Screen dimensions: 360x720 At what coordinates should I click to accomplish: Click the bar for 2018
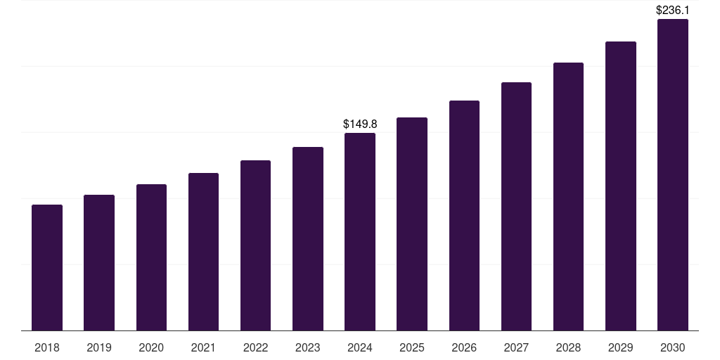[x=47, y=267]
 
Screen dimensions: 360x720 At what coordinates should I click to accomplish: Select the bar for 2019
[x=99, y=262]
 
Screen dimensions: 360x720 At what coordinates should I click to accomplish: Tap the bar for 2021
[x=203, y=252]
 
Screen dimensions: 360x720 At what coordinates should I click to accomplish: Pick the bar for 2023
[x=308, y=238]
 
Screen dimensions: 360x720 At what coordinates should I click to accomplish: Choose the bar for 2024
[x=360, y=231]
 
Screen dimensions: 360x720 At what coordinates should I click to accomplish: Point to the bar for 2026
[x=464, y=215]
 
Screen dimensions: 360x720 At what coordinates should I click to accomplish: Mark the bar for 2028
[x=568, y=196]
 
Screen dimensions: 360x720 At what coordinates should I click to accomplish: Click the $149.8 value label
[x=360, y=124]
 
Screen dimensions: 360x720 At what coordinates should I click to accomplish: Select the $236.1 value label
[x=673, y=10]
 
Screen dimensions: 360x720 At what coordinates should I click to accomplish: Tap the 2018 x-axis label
[x=47, y=347]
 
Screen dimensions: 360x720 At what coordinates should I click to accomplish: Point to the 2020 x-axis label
[x=151, y=347]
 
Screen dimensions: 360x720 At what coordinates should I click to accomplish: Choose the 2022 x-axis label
[x=255, y=347]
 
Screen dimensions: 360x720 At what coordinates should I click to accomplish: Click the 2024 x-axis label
[x=360, y=347]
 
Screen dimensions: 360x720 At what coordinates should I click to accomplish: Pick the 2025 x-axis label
[x=412, y=347]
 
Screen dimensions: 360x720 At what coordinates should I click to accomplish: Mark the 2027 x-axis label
[x=516, y=347]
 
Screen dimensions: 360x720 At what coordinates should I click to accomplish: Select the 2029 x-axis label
[x=621, y=347]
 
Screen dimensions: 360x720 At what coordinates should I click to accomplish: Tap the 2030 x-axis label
[x=673, y=347]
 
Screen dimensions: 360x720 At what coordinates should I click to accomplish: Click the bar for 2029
[x=621, y=186]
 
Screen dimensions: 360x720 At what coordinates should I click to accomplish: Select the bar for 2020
[x=151, y=257]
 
